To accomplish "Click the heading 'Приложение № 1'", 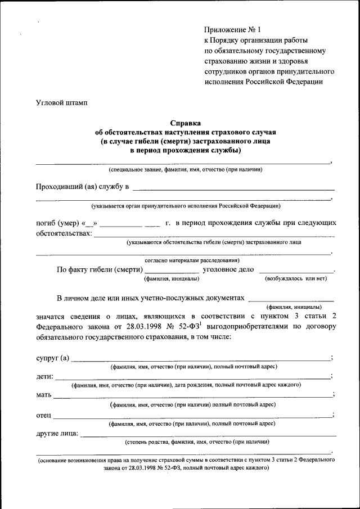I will (232, 29).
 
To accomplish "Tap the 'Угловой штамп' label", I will (61, 102).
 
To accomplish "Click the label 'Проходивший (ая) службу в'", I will (83, 186).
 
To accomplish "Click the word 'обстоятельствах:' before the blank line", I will (64, 233).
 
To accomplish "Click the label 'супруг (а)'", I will (52, 358).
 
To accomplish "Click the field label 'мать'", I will (44, 395).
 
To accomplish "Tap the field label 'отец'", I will (44, 415).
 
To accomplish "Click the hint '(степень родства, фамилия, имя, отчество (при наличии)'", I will (197, 442).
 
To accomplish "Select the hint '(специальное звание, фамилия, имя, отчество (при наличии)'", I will (185, 169).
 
